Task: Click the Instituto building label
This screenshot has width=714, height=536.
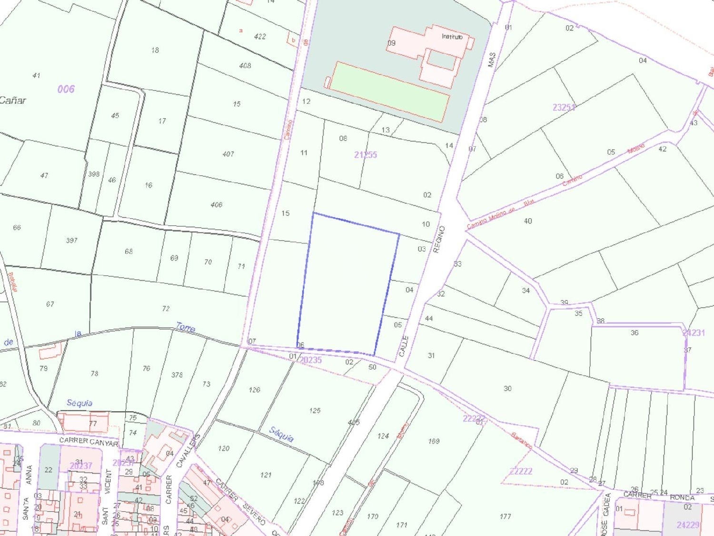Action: (x=452, y=37)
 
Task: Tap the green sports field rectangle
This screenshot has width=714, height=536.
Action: (x=389, y=91)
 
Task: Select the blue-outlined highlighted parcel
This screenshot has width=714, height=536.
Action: (x=347, y=286)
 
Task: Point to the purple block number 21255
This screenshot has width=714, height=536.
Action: (x=366, y=155)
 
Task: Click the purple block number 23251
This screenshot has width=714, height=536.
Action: (x=564, y=108)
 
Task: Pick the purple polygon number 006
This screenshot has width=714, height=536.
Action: (x=66, y=89)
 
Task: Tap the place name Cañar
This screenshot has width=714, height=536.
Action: (x=13, y=101)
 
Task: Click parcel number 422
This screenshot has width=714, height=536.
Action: (x=260, y=37)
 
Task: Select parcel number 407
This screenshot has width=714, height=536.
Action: (x=228, y=154)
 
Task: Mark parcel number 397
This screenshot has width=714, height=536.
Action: (x=71, y=240)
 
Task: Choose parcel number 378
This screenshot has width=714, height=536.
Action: (x=177, y=375)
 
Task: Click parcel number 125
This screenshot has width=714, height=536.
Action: (x=315, y=410)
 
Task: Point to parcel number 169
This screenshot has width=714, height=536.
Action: (x=434, y=441)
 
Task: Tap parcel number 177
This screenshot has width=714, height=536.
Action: (x=506, y=516)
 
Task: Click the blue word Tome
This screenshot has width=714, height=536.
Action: (x=185, y=327)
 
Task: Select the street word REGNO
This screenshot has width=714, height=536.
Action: (x=439, y=239)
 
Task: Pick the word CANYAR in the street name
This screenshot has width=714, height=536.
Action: (x=104, y=443)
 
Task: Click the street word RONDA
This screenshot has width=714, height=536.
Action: (x=682, y=497)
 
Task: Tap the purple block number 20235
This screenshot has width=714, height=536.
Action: (x=310, y=360)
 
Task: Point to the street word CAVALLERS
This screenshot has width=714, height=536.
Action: (x=188, y=451)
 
